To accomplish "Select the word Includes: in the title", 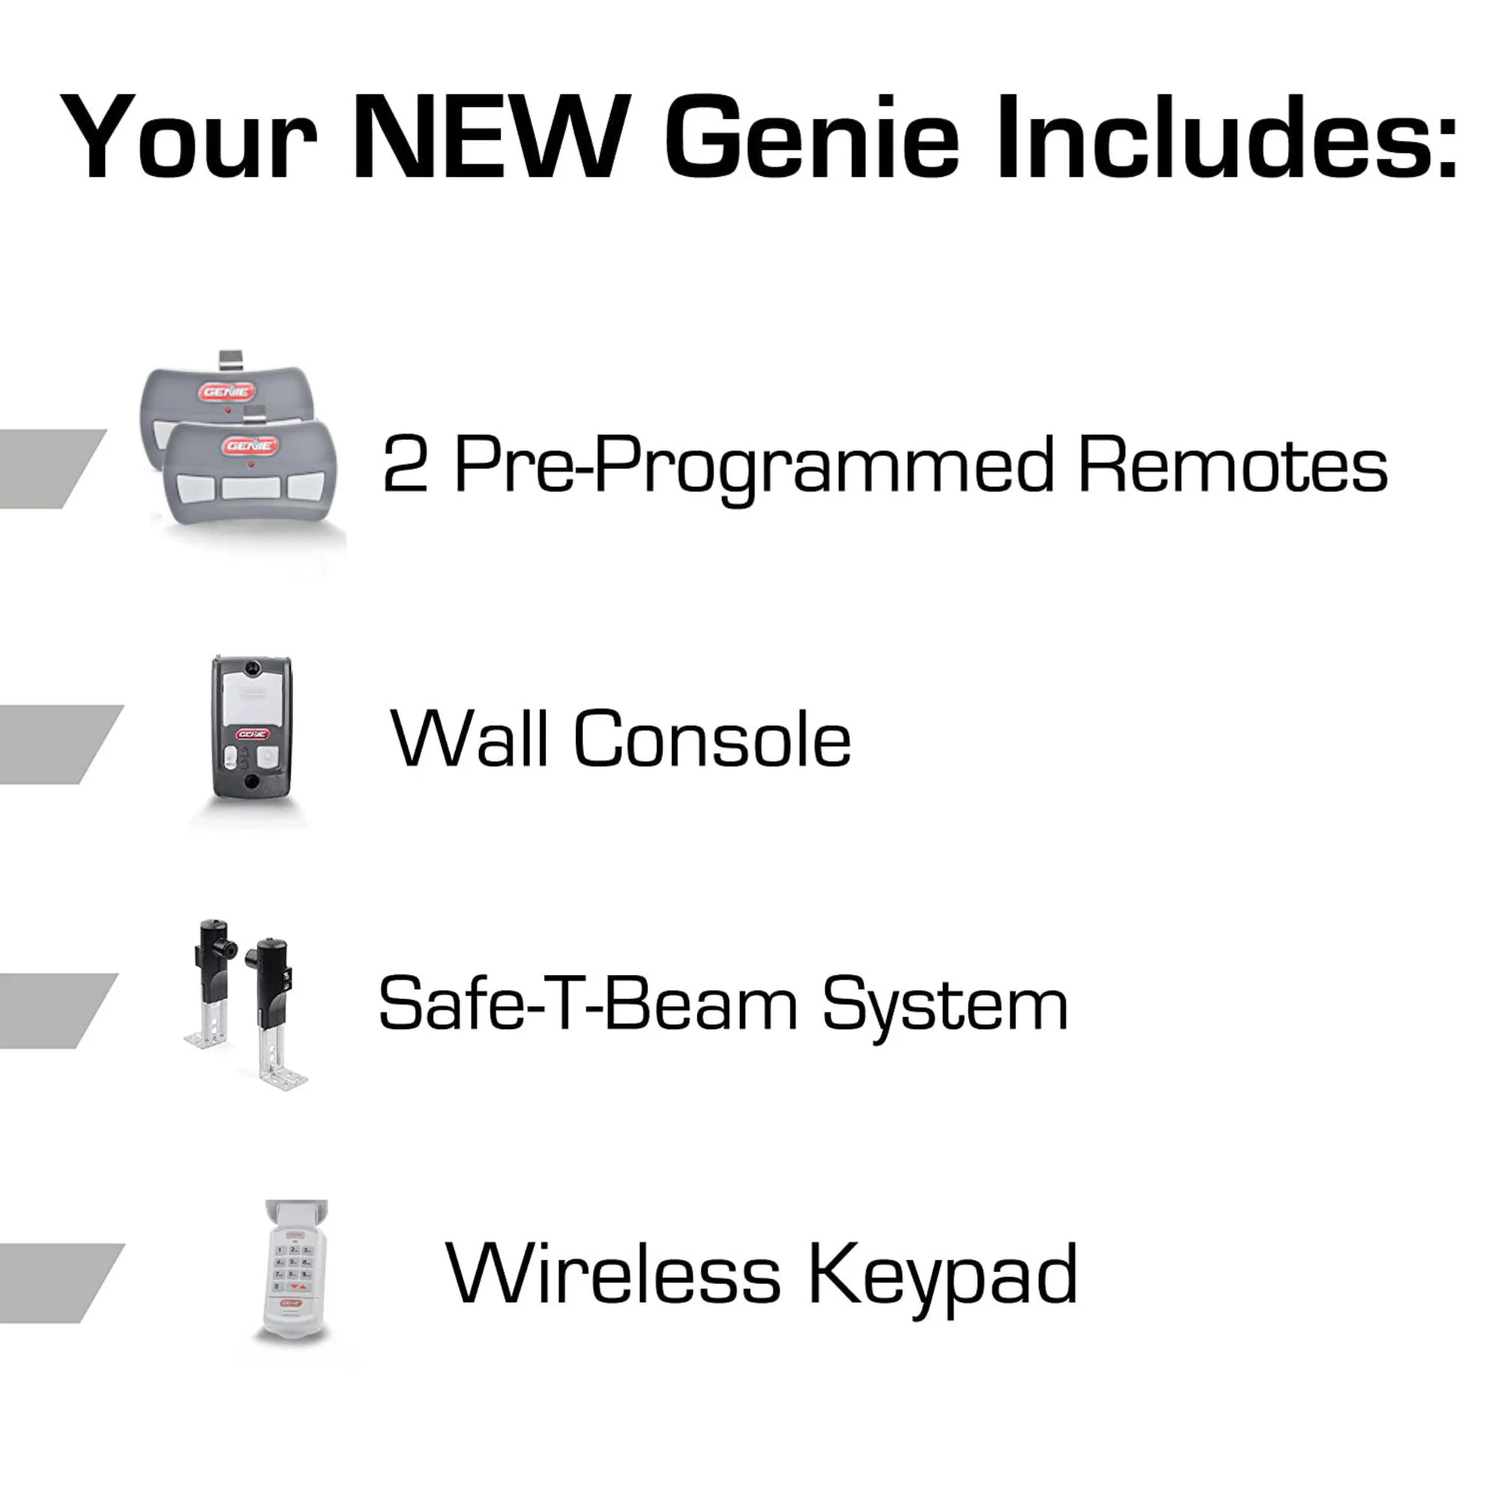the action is point(1227,137).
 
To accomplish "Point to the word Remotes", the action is point(1233,465).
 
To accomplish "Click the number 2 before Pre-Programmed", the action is point(405,465).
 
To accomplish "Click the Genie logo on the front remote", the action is point(250,445).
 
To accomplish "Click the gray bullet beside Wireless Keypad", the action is point(58,1282).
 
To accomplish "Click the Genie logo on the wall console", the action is point(251,733).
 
